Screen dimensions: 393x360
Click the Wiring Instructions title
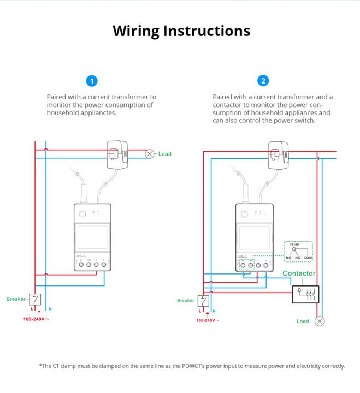[x=181, y=31]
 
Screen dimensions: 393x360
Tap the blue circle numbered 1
[x=92, y=81]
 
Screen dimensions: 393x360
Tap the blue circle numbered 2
[x=264, y=81]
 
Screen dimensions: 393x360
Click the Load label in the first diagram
[x=164, y=154]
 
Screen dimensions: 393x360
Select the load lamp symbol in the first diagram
[x=149, y=154]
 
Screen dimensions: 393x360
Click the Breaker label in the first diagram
[x=16, y=299]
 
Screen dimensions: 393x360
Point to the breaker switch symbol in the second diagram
[x=204, y=300]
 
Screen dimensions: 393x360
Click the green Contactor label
[x=299, y=273]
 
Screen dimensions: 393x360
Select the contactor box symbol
[x=306, y=294]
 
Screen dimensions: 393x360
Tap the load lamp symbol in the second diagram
[x=320, y=321]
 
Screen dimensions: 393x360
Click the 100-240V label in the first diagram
[x=36, y=319]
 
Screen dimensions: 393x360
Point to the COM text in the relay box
[x=308, y=257]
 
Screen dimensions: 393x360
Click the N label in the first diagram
[x=50, y=309]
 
